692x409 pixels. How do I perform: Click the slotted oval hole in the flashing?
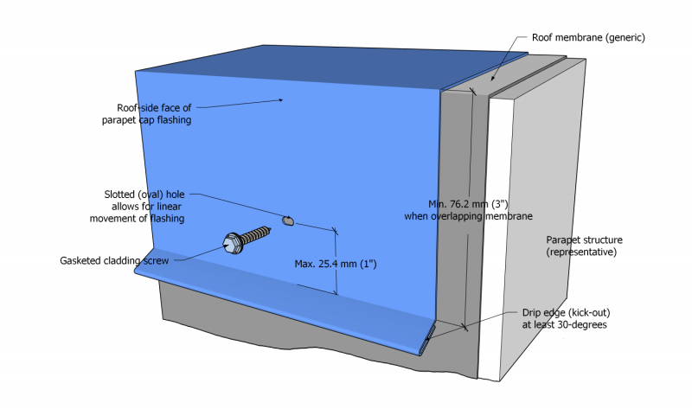pos(288,222)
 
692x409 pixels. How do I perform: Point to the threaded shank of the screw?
pos(259,233)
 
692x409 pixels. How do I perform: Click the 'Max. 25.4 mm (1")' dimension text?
pos(336,262)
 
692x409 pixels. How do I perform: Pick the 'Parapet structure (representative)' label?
pos(584,246)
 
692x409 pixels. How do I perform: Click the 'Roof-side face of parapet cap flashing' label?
pos(154,114)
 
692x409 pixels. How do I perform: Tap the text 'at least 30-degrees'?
pos(563,325)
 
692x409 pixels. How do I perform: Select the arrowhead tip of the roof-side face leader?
pos(285,99)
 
